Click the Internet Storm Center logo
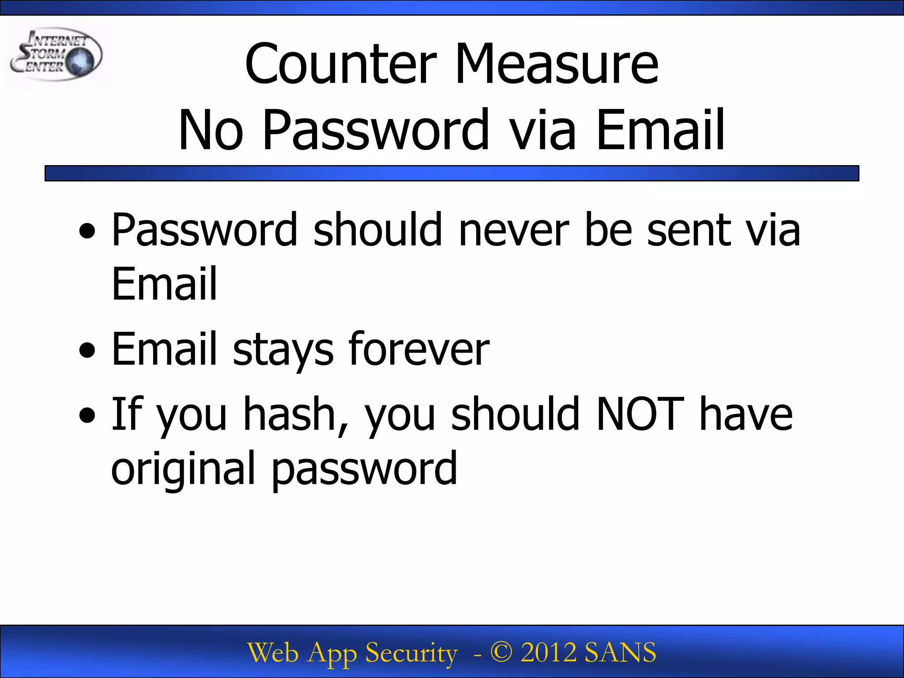(56, 55)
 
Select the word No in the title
(211, 130)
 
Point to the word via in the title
(542, 130)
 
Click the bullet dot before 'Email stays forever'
(87, 351)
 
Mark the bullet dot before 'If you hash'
(87, 415)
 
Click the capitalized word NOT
(640, 414)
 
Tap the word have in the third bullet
(746, 414)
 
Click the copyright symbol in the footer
(501, 652)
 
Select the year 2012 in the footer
(548, 652)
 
